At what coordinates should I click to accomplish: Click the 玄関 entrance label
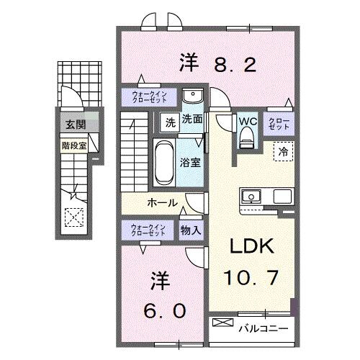(x=76, y=124)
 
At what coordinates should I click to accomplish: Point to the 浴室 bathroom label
(x=191, y=163)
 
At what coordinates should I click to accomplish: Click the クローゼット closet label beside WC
(x=279, y=122)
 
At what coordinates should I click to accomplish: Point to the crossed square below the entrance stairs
(x=73, y=215)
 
